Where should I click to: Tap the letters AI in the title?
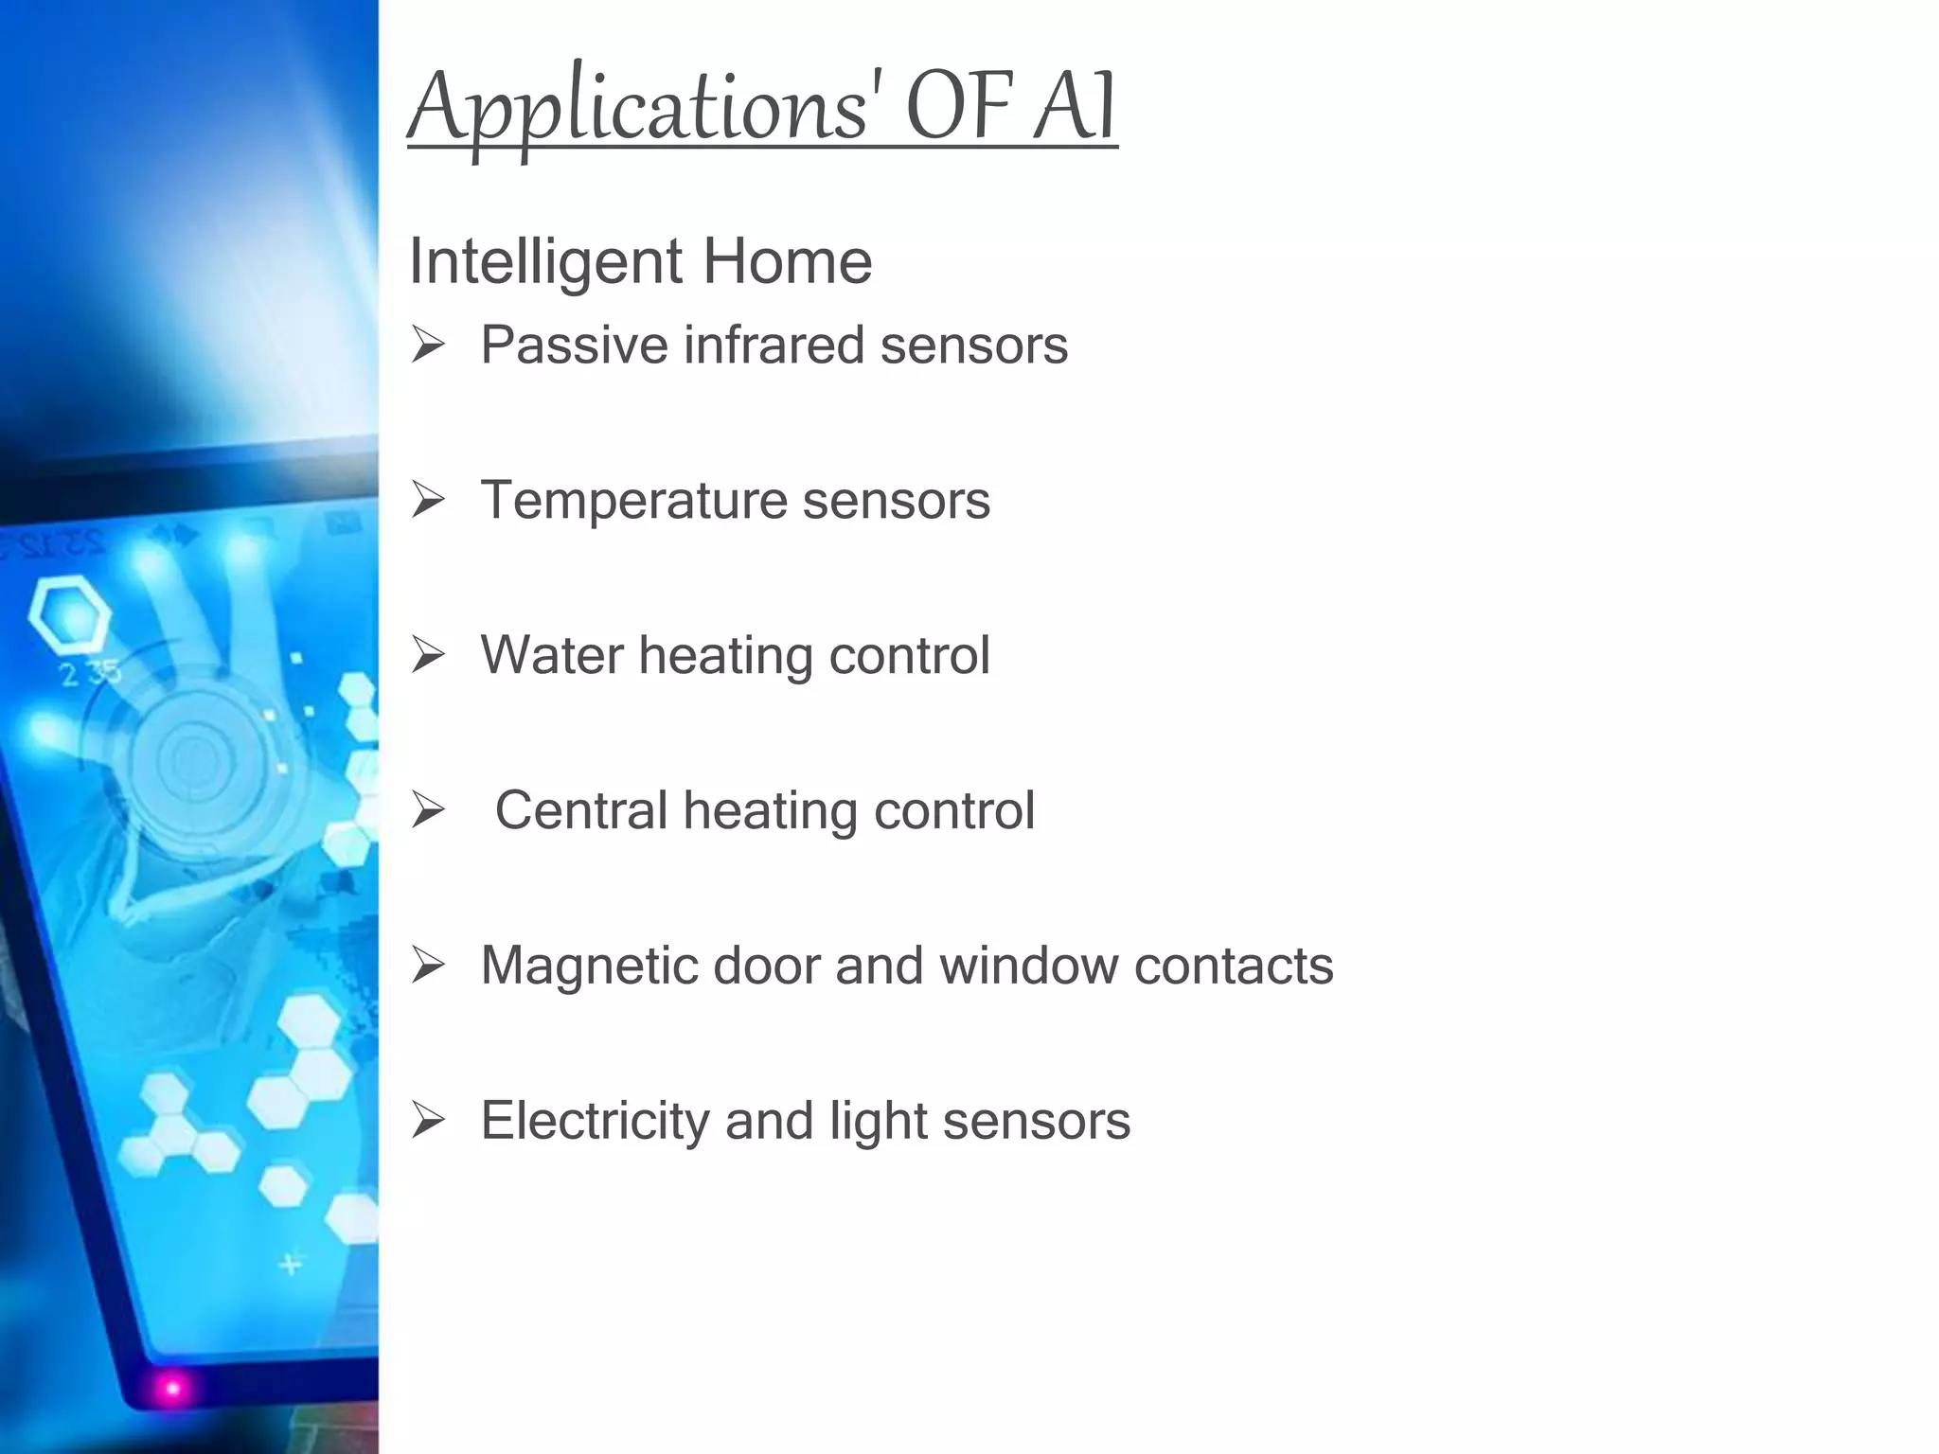coord(1076,106)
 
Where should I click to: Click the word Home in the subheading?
coord(787,261)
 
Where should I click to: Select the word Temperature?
coord(633,500)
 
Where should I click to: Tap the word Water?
coord(552,655)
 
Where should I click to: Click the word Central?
coord(581,810)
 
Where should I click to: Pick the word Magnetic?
coord(589,966)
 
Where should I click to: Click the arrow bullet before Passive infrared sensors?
coord(428,345)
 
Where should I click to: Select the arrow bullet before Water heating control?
coord(428,655)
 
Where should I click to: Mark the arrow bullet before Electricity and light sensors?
coord(428,1121)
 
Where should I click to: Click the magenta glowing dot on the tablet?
coord(172,1389)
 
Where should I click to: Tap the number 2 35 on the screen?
coord(90,674)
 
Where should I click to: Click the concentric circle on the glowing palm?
coord(194,757)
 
